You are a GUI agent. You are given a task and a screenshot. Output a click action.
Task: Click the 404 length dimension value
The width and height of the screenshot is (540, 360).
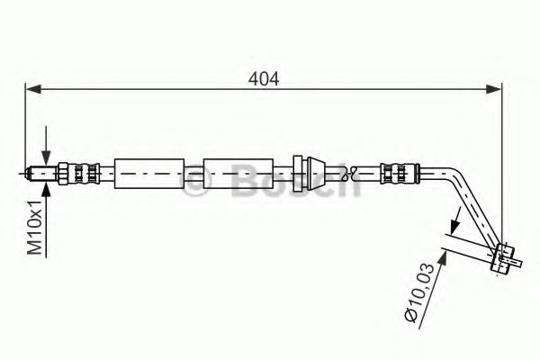pos(264,78)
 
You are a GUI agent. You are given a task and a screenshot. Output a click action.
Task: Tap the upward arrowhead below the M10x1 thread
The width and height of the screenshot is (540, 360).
pos(45,183)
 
